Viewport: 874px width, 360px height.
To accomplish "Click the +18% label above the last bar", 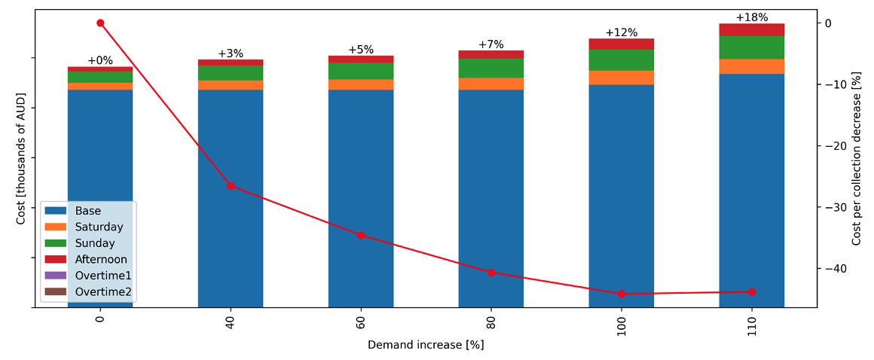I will click(x=751, y=17).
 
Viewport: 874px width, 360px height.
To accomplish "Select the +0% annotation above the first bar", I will click(x=100, y=60).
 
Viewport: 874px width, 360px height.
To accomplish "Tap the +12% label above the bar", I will click(x=621, y=32).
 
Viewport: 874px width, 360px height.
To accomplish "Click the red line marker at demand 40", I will click(x=231, y=185).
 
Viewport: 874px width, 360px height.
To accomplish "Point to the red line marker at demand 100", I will click(x=621, y=294).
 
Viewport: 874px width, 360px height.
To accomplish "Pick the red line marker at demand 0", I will click(x=100, y=23).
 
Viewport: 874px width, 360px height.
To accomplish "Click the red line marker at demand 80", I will click(x=490, y=272).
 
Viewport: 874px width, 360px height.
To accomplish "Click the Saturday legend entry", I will click(x=99, y=227).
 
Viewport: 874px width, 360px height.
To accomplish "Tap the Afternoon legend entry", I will click(x=101, y=259).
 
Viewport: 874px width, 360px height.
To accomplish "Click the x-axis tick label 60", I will click(x=361, y=319).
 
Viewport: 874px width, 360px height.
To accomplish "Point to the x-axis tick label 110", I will click(x=751, y=322).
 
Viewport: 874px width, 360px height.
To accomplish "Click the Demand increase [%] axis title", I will click(x=426, y=345).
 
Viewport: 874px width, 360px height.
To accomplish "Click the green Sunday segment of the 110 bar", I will click(x=751, y=47).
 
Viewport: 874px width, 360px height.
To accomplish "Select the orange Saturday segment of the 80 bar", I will click(x=490, y=84).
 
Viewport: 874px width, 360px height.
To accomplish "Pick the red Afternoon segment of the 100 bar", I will click(x=621, y=44).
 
